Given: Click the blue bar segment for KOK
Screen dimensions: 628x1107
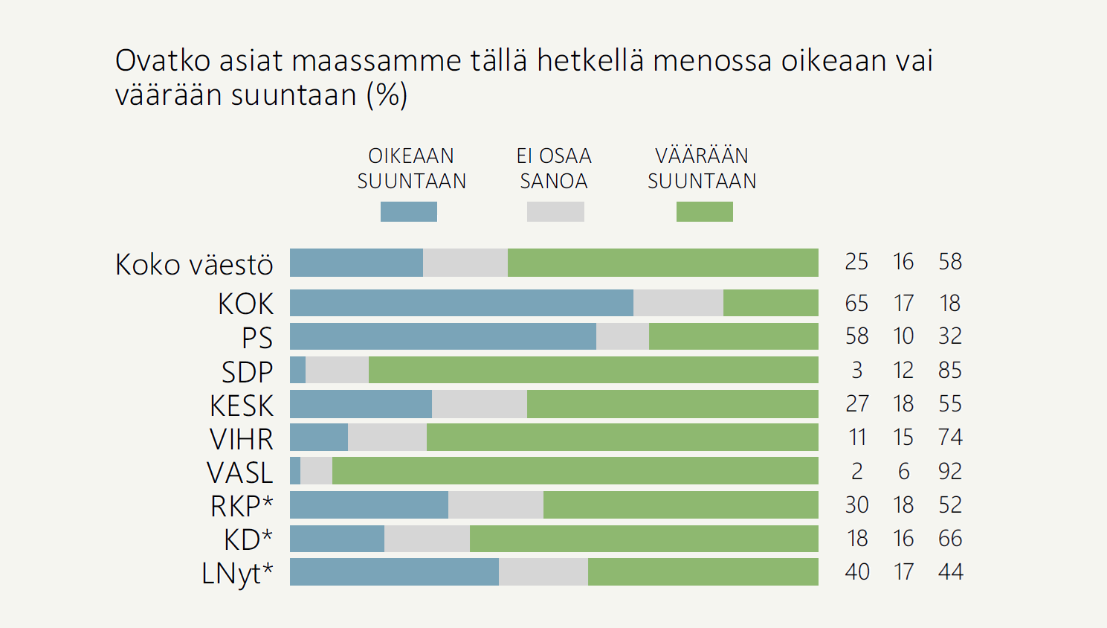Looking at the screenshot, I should [x=461, y=303].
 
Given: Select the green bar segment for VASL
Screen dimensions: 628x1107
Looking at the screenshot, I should [x=575, y=471].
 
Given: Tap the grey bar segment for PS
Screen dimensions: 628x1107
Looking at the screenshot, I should [x=622, y=336].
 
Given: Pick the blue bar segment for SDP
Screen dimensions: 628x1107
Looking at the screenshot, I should [x=297, y=370].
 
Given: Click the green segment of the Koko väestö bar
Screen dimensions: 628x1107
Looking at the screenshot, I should [x=662, y=263].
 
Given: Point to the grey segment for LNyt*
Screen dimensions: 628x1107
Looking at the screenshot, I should [x=543, y=571].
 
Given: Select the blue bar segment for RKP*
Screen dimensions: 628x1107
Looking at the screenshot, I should [x=369, y=504].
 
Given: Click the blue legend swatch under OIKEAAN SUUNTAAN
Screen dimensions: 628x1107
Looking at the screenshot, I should [x=408, y=212].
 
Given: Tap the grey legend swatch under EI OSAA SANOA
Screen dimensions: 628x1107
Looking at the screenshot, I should [x=555, y=212].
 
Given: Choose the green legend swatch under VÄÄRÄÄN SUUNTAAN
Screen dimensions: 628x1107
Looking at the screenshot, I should [x=704, y=212].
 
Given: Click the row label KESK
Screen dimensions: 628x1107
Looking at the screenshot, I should [x=242, y=406].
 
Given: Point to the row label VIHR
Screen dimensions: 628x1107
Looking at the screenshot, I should [x=242, y=439].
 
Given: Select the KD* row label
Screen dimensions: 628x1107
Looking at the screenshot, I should [x=248, y=538].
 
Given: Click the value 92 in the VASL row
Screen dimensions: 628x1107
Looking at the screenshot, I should [x=949, y=471].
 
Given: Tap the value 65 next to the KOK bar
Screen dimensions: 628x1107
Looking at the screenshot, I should [x=856, y=303].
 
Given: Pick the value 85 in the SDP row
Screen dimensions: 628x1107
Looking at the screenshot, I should [x=949, y=370].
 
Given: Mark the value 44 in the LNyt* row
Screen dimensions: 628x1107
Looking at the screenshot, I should [x=950, y=571].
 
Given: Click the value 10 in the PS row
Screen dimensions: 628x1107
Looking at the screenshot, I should [x=903, y=336].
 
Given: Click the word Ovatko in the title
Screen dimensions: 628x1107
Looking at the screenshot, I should [x=163, y=60].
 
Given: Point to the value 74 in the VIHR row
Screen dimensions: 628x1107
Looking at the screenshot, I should [x=950, y=437].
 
